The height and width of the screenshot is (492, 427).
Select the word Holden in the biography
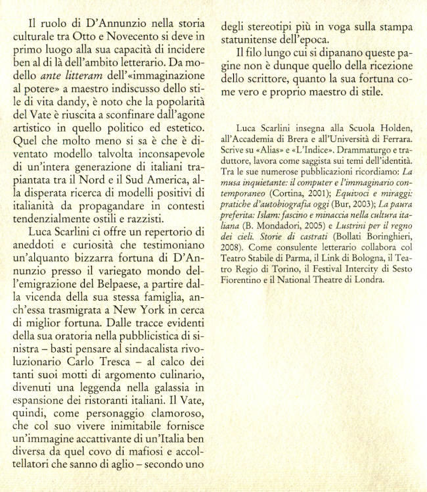coord(388,128)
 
